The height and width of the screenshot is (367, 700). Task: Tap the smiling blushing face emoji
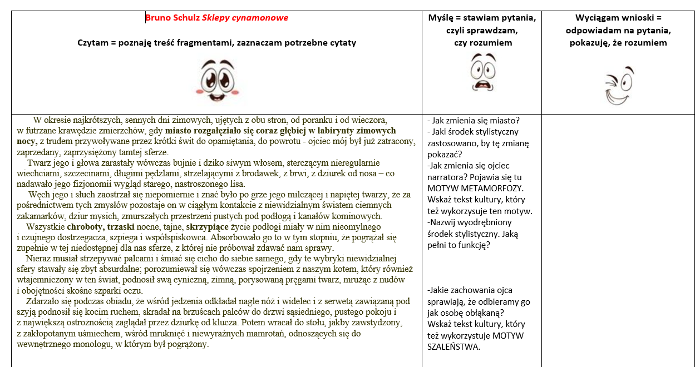point(216,80)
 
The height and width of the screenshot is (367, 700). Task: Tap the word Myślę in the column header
point(442,18)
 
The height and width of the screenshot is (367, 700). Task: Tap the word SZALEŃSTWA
point(453,347)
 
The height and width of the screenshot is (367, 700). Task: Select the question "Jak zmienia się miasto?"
point(473,120)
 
